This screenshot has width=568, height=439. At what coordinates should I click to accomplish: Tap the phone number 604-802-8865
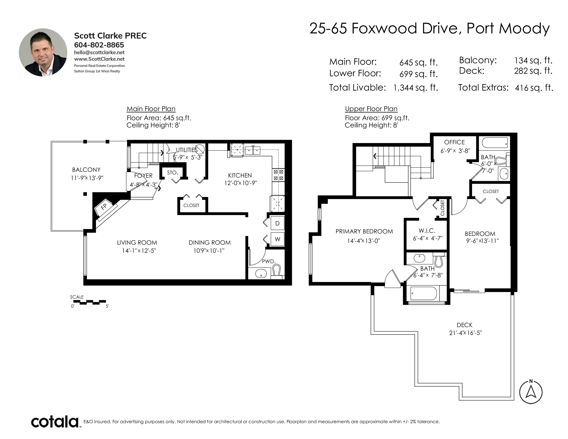click(x=99, y=45)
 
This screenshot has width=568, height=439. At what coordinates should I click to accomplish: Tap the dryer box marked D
click(x=277, y=223)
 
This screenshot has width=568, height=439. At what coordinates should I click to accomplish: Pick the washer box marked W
click(x=277, y=239)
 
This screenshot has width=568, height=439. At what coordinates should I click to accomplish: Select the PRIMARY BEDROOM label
click(x=364, y=231)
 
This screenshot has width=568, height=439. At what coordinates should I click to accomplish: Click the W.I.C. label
click(x=427, y=231)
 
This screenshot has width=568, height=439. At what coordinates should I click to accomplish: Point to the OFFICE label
click(x=454, y=142)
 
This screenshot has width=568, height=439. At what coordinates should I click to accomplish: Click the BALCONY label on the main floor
click(x=86, y=170)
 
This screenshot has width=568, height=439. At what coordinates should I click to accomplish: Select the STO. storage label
click(x=172, y=173)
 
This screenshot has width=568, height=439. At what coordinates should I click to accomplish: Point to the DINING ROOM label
click(x=210, y=243)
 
